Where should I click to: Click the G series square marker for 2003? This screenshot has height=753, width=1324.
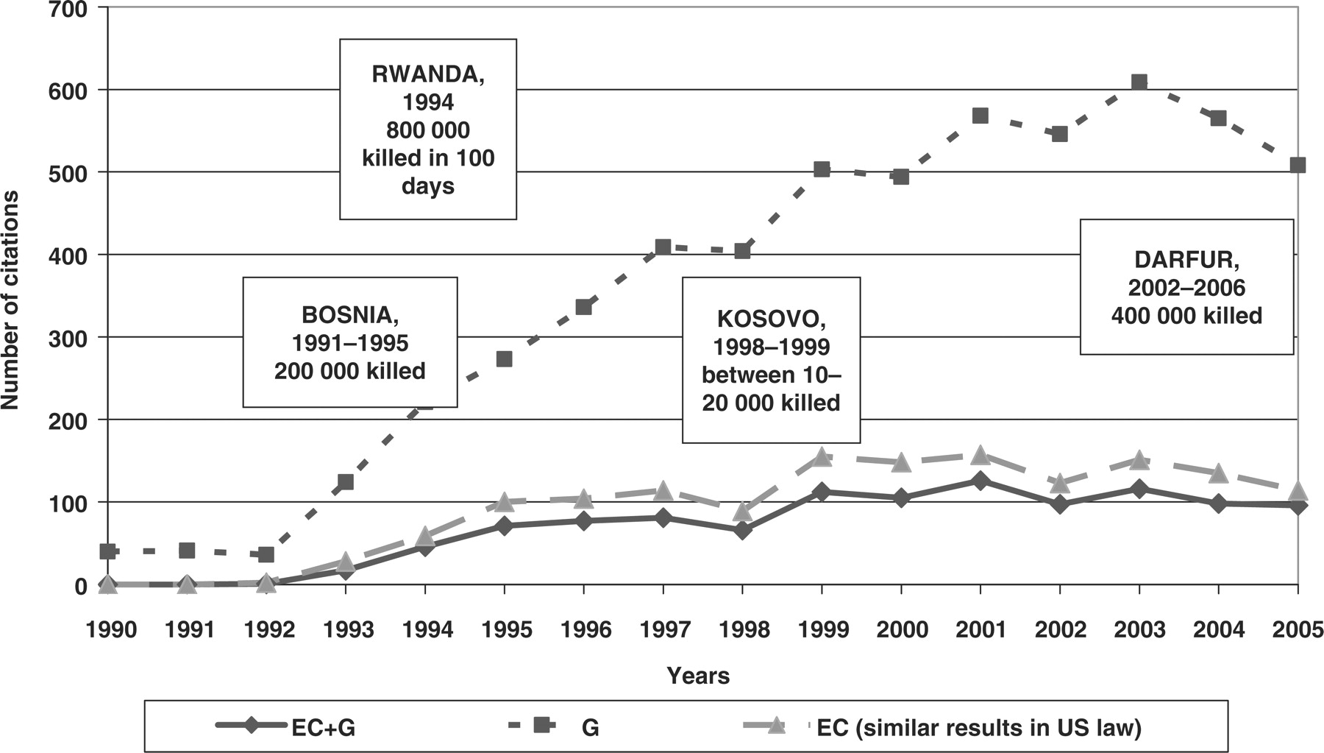(1139, 82)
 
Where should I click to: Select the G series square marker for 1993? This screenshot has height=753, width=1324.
(346, 482)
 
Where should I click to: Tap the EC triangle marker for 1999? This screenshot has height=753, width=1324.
(822, 457)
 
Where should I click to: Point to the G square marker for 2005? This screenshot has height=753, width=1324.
(1298, 165)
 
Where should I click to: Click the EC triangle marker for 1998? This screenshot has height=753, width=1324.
(742, 511)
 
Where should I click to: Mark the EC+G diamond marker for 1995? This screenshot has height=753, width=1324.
(505, 526)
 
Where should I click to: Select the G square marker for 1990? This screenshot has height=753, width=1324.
(108, 551)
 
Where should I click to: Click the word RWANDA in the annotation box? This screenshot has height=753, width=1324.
(427, 74)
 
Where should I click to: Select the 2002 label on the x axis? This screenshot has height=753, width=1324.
(1060, 630)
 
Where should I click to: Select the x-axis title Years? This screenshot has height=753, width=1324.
(698, 676)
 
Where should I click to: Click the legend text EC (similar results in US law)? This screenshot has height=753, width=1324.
(979, 727)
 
